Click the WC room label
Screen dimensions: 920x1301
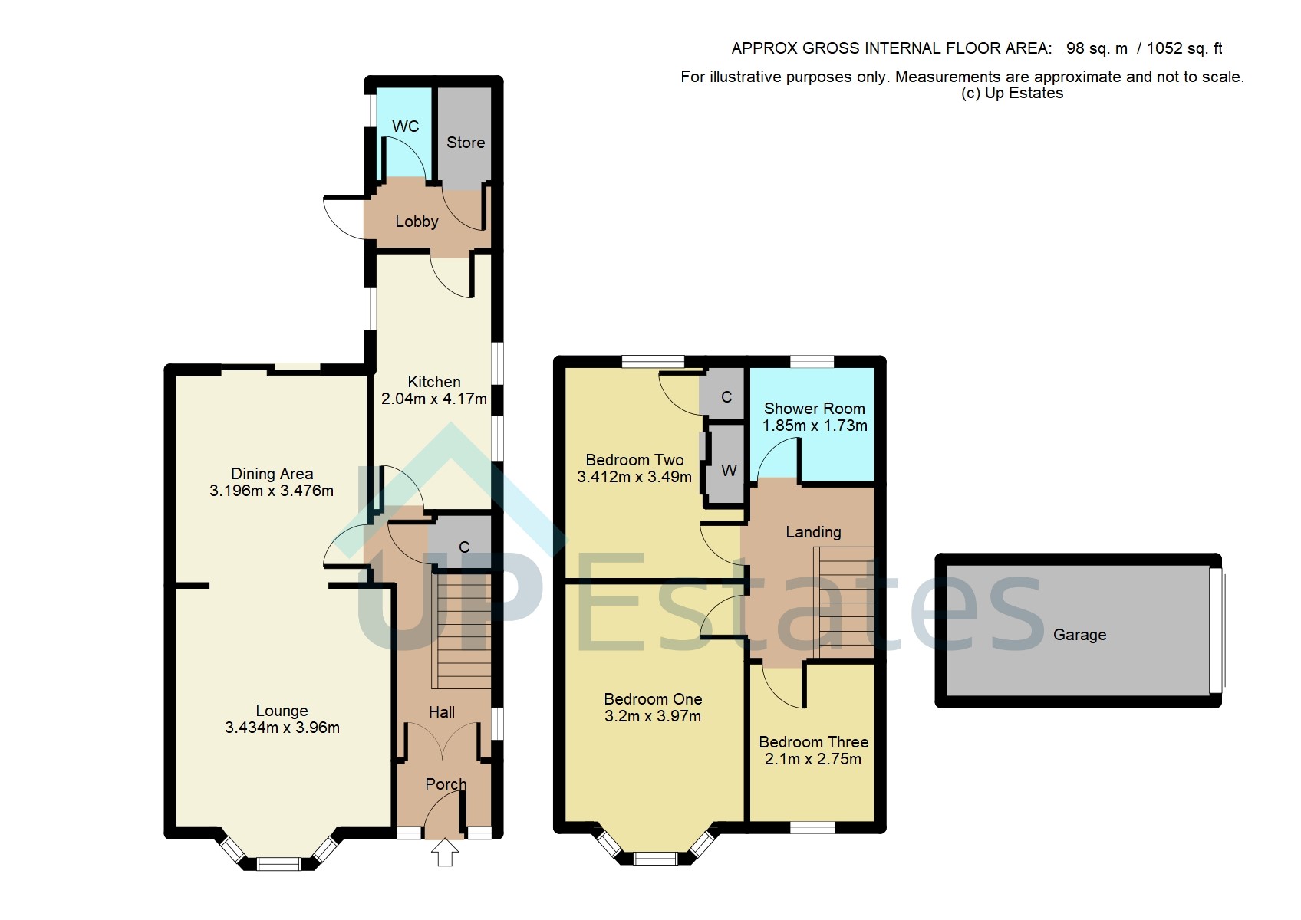405,127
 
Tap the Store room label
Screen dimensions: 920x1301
466,143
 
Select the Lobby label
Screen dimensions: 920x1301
417,222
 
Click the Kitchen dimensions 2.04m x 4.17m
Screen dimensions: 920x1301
434,399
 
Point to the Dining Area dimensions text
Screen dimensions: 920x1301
272,491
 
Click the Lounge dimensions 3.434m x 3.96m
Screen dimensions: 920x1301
282,728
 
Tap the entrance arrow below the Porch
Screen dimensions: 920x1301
445,853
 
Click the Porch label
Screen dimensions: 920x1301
446,784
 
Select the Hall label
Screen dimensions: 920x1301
442,712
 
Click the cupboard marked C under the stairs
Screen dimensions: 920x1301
464,547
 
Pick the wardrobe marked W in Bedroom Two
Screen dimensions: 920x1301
729,471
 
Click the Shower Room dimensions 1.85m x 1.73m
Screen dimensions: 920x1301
815,426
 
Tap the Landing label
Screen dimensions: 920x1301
813,532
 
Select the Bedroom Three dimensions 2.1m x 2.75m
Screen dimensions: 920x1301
813,759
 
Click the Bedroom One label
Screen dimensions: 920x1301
653,699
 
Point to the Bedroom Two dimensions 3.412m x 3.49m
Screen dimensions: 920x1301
634,477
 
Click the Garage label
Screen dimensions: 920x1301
1079,635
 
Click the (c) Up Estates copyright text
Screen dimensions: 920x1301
1012,94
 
